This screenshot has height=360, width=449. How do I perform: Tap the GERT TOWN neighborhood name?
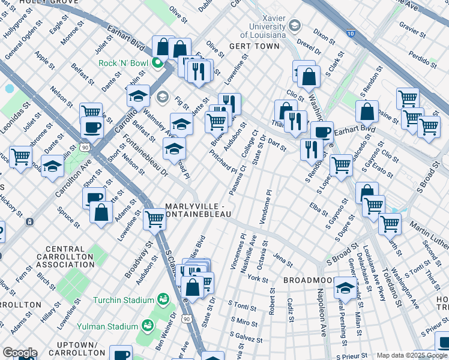(x=255, y=46)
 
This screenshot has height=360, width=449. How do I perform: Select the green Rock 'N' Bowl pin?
(x=158, y=63)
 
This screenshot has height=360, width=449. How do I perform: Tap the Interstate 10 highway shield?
(x=350, y=34)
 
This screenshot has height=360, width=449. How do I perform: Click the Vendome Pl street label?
(x=265, y=208)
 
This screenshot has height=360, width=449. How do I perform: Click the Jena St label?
(x=282, y=260)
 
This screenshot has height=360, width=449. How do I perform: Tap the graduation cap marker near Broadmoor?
(x=344, y=287)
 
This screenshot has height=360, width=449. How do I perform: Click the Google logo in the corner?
(x=19, y=353)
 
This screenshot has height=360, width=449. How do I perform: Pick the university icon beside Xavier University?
(x=294, y=25)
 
